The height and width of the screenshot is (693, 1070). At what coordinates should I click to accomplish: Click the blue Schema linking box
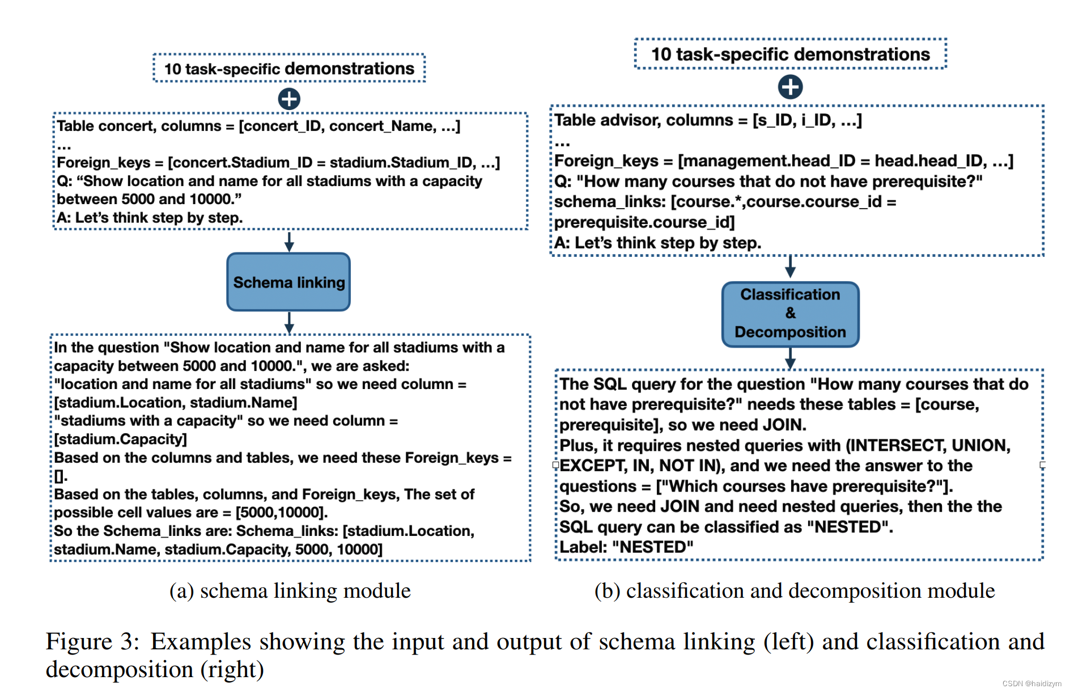[x=288, y=282]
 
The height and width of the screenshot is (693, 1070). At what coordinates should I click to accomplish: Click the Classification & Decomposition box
[x=790, y=314]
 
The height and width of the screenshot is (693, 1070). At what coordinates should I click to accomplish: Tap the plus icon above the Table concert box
[x=289, y=99]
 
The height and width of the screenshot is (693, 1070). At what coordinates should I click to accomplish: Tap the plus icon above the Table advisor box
[x=790, y=87]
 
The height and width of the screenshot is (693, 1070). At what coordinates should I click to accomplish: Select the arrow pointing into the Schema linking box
[x=289, y=242]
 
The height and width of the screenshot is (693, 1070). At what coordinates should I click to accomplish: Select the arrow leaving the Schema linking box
[x=289, y=322]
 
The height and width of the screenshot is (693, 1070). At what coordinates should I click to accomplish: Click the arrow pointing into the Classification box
[x=790, y=267]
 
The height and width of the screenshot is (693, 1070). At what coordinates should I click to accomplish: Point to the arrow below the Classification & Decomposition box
[x=790, y=358]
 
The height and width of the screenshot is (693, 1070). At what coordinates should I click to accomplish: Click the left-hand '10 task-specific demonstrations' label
[x=289, y=69]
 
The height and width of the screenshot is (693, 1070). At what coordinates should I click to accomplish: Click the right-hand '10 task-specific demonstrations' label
[x=790, y=54]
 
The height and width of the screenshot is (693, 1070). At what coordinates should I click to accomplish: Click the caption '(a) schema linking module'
[x=290, y=591]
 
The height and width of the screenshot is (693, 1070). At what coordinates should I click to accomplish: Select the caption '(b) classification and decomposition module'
[x=794, y=591]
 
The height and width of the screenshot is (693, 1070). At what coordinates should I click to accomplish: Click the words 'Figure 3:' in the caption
[x=92, y=642]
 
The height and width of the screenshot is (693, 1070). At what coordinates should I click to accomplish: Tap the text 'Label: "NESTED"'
[x=626, y=547]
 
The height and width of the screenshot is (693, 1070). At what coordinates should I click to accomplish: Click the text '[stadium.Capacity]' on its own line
[x=120, y=439]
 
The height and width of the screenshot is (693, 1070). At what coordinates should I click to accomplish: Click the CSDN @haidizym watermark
[x=1031, y=683]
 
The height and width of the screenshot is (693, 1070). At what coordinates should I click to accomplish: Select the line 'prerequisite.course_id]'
[x=644, y=222]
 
